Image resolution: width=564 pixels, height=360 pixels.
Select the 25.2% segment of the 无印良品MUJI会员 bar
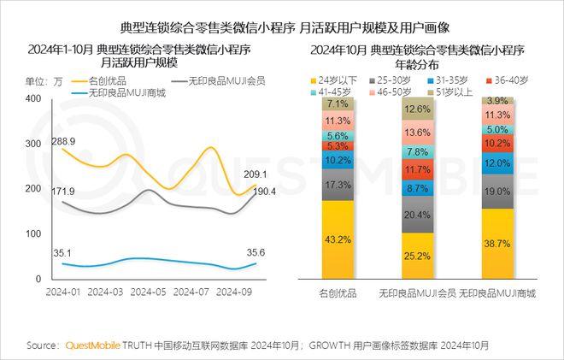coord(417,255)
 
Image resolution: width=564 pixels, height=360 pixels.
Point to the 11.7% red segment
coord(417,169)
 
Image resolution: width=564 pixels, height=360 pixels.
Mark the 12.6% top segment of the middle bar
coord(417,109)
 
